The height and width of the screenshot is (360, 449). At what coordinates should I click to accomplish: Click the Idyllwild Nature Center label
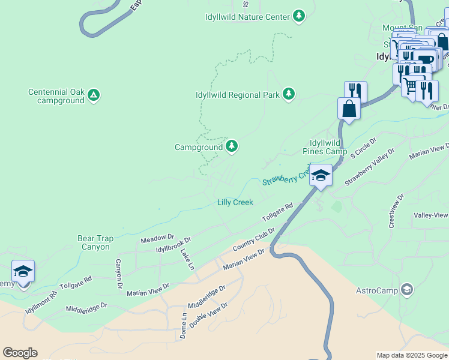click(x=247, y=17)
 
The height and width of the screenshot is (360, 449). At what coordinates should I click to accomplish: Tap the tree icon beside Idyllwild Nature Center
click(x=299, y=16)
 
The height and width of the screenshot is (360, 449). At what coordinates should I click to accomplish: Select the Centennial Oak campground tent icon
click(x=94, y=95)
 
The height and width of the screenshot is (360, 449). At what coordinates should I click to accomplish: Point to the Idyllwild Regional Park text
click(x=238, y=95)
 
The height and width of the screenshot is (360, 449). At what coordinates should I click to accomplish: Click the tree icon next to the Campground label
click(x=232, y=146)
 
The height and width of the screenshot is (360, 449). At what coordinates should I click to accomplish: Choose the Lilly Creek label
click(x=235, y=203)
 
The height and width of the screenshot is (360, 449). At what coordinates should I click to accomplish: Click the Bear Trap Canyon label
click(x=94, y=242)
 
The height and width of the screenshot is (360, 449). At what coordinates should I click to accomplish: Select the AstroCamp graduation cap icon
click(x=407, y=290)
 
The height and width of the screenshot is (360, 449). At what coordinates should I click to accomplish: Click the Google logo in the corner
click(x=19, y=353)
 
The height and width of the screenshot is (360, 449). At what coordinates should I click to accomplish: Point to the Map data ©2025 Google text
click(x=412, y=355)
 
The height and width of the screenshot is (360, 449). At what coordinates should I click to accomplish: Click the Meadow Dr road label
click(x=157, y=239)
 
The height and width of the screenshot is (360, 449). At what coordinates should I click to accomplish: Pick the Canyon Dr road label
click(x=119, y=271)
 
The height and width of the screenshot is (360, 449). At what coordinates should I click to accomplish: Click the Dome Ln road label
click(x=183, y=326)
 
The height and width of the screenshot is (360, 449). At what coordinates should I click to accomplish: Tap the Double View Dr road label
click(x=208, y=315)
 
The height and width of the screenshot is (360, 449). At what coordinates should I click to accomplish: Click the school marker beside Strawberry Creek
click(x=321, y=176)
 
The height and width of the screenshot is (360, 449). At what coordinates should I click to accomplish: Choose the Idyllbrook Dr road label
click(x=173, y=244)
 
